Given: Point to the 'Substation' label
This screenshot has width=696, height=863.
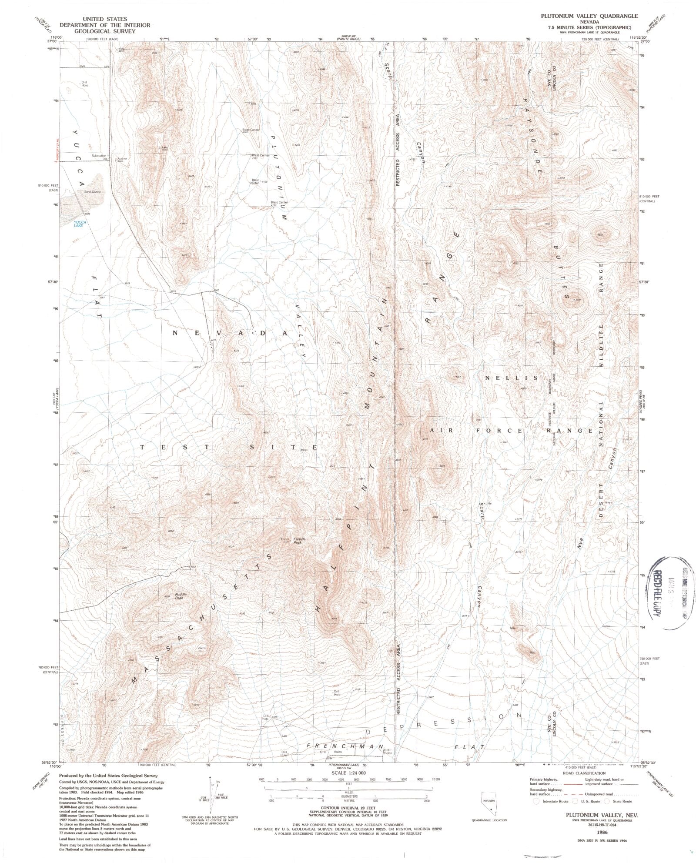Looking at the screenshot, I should click(x=99, y=155).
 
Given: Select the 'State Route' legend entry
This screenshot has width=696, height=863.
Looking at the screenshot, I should click(x=623, y=801).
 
